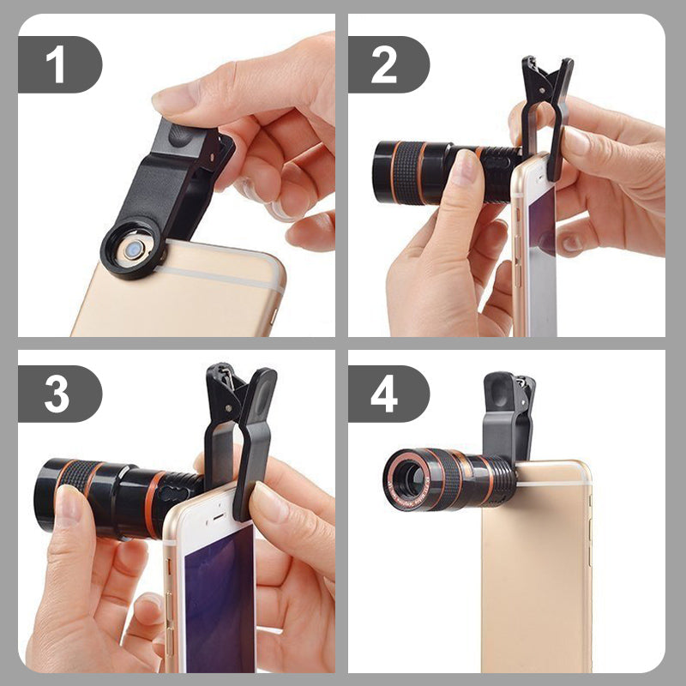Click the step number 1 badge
tap(57, 65)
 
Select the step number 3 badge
tap(57, 394)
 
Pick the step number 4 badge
tap(386, 394)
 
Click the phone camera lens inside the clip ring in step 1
tap(133, 250)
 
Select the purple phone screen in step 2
tap(540, 249)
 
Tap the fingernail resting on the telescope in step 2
tap(466, 167)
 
